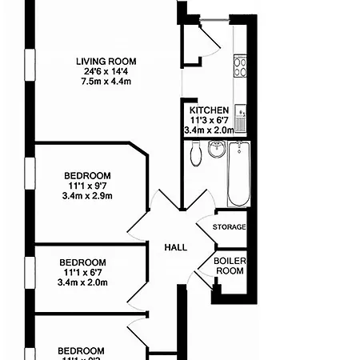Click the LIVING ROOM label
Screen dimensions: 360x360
[106, 61]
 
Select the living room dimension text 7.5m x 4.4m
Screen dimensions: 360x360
[106, 82]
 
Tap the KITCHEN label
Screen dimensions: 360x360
[209, 110]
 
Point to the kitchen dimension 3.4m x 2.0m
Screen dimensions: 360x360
[209, 130]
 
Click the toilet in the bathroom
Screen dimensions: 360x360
[194, 154]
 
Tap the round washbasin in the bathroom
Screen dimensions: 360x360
[216, 150]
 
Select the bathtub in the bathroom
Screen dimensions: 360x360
[238, 174]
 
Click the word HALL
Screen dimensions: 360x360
[176, 247]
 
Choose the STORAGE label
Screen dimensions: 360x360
[229, 227]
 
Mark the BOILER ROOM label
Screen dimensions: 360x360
[229, 266]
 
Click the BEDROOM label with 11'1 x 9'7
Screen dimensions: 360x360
[88, 175]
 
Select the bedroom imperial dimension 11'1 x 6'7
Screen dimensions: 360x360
[83, 272]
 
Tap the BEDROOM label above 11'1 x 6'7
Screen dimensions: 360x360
[83, 262]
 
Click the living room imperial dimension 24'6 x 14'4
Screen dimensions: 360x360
[106, 71]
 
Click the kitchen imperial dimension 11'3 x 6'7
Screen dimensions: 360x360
[209, 120]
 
